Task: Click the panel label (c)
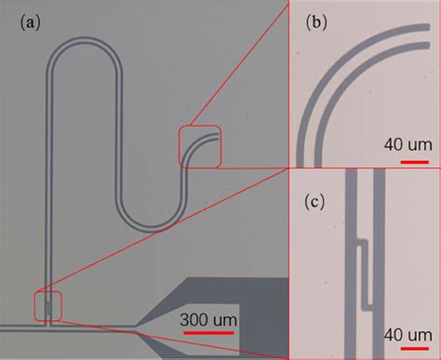[314, 198]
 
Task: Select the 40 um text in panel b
[403, 144]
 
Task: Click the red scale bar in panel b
[406, 159]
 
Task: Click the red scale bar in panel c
[406, 346]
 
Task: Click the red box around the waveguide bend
[201, 146]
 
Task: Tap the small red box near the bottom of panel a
[47, 305]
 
